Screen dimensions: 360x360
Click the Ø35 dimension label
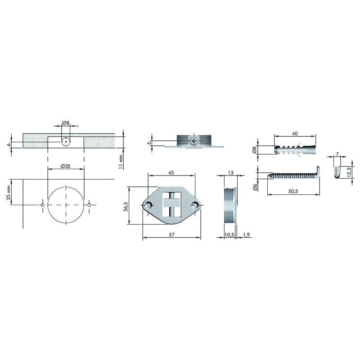coord(66,166)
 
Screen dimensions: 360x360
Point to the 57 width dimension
coord(171,234)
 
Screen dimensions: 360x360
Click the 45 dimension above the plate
coord(171,172)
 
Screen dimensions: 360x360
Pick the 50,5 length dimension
coord(293,192)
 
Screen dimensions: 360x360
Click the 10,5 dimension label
coord(229,234)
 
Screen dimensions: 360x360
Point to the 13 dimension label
coord(230,172)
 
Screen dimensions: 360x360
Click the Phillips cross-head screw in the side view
coord(194,141)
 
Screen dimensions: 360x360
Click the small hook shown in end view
coord(337,171)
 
